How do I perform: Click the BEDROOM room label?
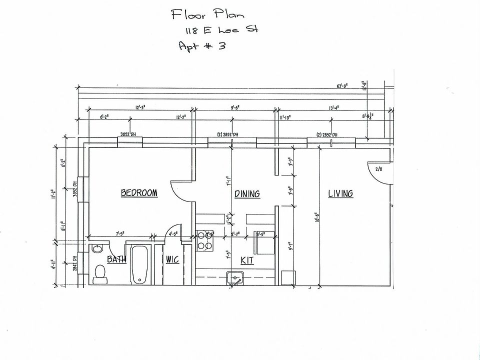coord(139,193)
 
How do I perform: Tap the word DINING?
coord(247,193)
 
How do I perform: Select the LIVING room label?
coord(340,193)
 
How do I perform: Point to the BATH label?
coord(116,259)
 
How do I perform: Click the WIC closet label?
coord(172,259)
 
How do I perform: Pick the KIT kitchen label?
coord(247,260)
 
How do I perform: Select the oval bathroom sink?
coord(97,248)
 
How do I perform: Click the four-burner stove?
coord(204,240)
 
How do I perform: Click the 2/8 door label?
coord(378,169)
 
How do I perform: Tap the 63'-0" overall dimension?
coord(342,86)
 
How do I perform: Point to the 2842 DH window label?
coord(75,263)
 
